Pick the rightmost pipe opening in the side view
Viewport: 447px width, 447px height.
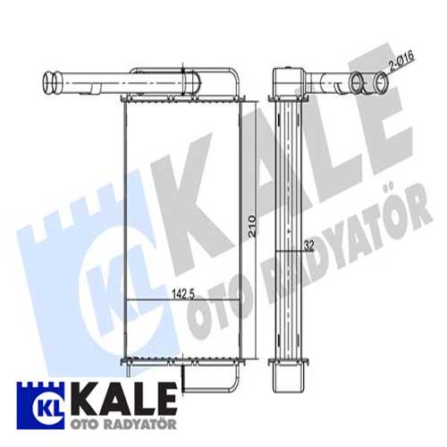coord(382,84)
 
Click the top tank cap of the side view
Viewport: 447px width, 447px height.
coord(288,80)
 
